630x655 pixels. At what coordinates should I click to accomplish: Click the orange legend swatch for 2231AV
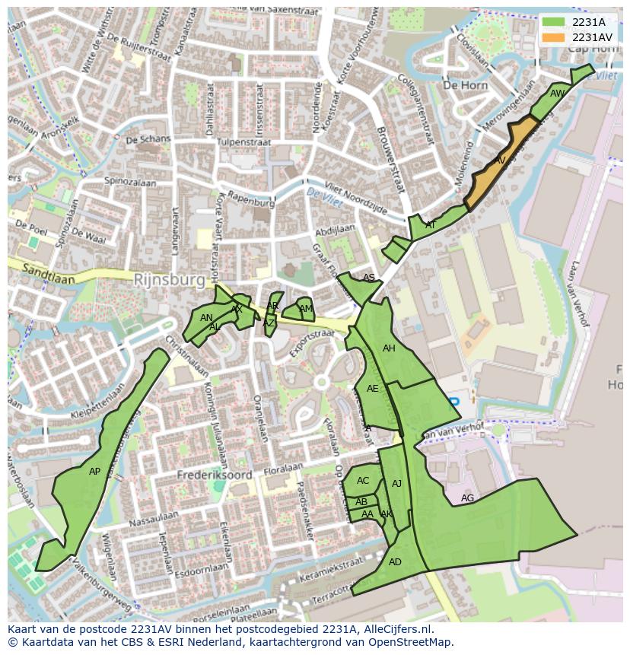(x=553, y=37)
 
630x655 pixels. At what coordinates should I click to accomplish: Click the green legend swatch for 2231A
(x=553, y=22)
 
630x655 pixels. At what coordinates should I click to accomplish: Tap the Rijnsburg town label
(x=169, y=280)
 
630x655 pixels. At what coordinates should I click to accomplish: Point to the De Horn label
(x=465, y=85)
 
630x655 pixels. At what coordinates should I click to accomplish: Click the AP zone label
(x=94, y=472)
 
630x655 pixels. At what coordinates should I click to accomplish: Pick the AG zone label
(x=467, y=498)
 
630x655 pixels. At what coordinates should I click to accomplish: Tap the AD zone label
(x=395, y=562)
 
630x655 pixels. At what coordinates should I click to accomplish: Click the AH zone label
(x=389, y=348)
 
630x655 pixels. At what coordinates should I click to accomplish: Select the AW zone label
(x=558, y=94)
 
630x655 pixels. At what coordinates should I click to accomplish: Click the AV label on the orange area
(x=500, y=161)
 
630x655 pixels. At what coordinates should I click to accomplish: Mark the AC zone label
(x=363, y=480)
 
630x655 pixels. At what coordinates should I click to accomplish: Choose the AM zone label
(x=305, y=309)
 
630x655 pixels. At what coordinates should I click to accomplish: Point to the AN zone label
(x=206, y=318)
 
